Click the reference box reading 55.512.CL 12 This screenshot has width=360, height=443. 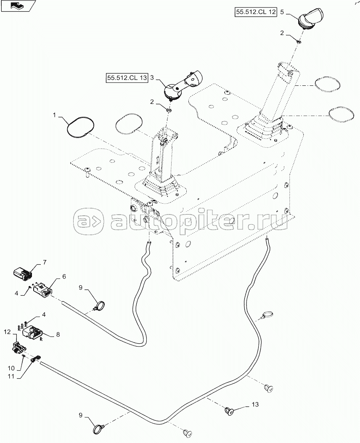pos(255,13)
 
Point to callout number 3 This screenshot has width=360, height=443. pos(152,77)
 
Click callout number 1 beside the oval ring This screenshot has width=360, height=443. pos(54,115)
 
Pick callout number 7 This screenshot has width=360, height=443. pos(45,263)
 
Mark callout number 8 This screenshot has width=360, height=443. pos(58,335)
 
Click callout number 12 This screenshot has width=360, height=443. pos(7,332)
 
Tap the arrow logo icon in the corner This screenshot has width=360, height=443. pos(18,6)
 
